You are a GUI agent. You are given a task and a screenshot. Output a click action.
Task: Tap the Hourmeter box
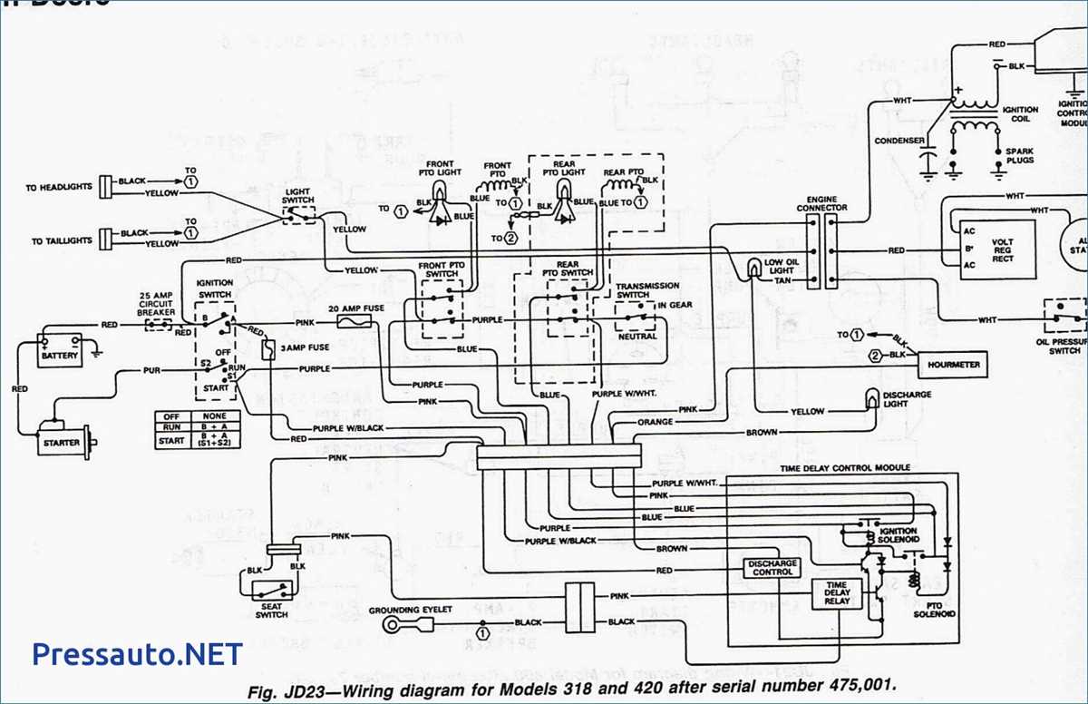[x=953, y=365]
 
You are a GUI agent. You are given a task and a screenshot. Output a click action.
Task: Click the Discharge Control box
[x=772, y=568]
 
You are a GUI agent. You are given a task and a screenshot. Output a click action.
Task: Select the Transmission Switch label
[x=646, y=290]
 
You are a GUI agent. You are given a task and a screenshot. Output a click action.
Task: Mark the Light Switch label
[x=297, y=196]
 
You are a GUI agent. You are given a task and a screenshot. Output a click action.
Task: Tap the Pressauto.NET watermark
[x=137, y=653]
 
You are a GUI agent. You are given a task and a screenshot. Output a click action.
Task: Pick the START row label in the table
[x=171, y=441]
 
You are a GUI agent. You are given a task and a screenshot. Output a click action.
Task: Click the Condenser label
[x=899, y=141]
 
